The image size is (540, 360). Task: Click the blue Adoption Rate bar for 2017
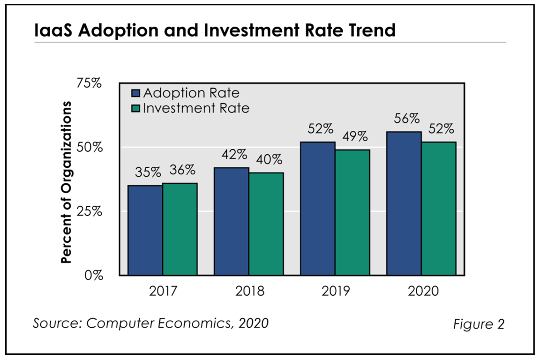click(x=145, y=230)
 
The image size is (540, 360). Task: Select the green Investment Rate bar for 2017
click(x=180, y=229)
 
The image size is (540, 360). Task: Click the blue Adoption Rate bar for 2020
click(x=404, y=203)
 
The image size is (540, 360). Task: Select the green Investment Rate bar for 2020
click(x=439, y=209)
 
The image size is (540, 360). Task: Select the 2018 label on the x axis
click(x=249, y=291)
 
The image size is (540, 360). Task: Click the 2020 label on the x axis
click(x=422, y=291)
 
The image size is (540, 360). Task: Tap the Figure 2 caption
click(x=478, y=324)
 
